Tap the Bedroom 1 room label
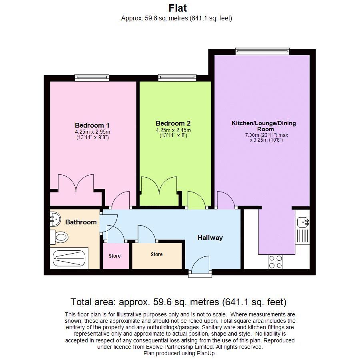[92, 125]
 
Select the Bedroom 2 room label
[173, 123]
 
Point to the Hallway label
[210, 238]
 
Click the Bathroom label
[81, 222]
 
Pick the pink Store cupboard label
[114, 256]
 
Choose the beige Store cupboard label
[156, 254]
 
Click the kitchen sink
[303, 220]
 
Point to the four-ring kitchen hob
[275, 262]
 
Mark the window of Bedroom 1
[92, 78]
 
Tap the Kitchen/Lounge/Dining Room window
[262, 51]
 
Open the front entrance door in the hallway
[200, 267]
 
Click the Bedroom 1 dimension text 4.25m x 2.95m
[92, 132]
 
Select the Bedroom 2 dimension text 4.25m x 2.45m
[173, 130]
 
